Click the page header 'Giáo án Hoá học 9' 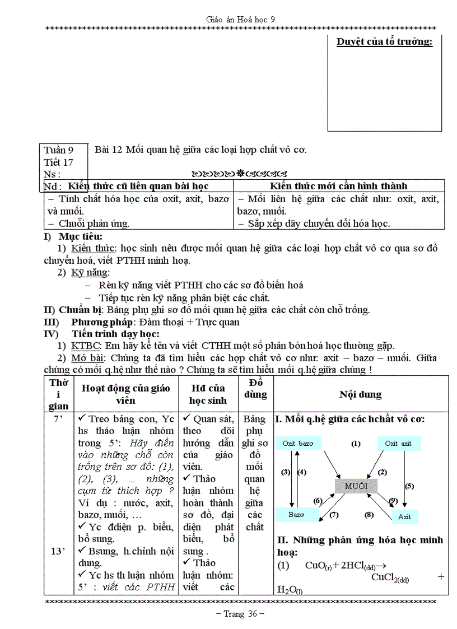pyautogui.click(x=240, y=19)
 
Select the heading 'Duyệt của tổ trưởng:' pyautogui.click(x=384, y=42)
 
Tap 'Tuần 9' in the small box pyautogui.click(x=59, y=150)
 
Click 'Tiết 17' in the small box pyautogui.click(x=58, y=162)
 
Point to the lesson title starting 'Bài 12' pyautogui.click(x=200, y=150)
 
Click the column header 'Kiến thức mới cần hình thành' pyautogui.click(x=338, y=186)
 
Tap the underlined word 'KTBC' pyautogui.click(x=82, y=346)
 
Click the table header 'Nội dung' pyautogui.click(x=360, y=394)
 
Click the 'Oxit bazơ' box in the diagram pyautogui.click(x=299, y=444)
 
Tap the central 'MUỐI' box pyautogui.click(x=356, y=486)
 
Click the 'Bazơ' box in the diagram pyautogui.click(x=296, y=514)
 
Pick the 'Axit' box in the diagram pyautogui.click(x=404, y=517)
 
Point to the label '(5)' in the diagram pyautogui.click(x=409, y=486)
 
